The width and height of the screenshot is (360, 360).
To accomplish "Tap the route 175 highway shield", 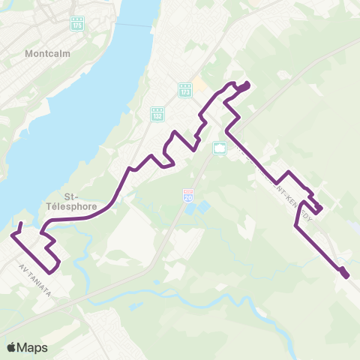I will [x=77, y=25].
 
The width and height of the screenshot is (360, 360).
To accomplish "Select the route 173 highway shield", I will [x=184, y=89].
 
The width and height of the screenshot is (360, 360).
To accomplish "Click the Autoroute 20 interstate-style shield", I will [x=188, y=195].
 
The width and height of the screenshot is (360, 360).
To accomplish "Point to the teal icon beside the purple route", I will [x=219, y=147].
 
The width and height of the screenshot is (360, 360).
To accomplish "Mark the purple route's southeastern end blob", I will [x=345, y=274].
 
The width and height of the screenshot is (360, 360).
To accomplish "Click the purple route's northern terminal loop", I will [x=242, y=87].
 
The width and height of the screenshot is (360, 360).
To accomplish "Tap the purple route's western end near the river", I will [x=20, y=223].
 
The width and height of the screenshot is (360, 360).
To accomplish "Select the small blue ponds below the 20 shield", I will [x=194, y=207].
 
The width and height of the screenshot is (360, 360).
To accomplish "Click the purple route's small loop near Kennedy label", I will [x=318, y=208].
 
